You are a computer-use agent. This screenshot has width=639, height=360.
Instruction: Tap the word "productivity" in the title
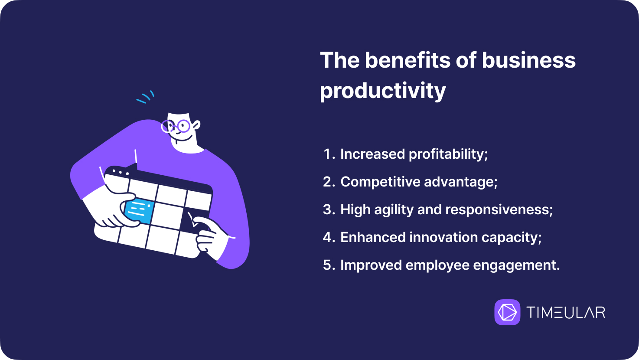point(383,91)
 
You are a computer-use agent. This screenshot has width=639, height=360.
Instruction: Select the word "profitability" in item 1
point(448,154)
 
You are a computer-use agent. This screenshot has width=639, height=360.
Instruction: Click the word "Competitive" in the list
point(380,182)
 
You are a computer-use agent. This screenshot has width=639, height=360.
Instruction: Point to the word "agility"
point(394,210)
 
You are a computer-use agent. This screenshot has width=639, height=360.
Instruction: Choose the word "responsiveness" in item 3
point(499,210)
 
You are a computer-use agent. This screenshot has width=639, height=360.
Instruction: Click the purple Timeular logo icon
point(507,312)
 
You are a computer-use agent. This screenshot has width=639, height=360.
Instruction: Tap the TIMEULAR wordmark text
point(566,312)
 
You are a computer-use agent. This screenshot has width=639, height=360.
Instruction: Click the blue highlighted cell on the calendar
point(139,212)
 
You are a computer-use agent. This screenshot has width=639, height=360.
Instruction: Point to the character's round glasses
point(176,127)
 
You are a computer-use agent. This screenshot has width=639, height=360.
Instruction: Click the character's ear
point(196,125)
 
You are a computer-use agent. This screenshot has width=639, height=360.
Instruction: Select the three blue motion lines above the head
point(145,97)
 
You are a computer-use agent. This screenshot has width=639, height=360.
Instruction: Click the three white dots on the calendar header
point(121,173)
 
